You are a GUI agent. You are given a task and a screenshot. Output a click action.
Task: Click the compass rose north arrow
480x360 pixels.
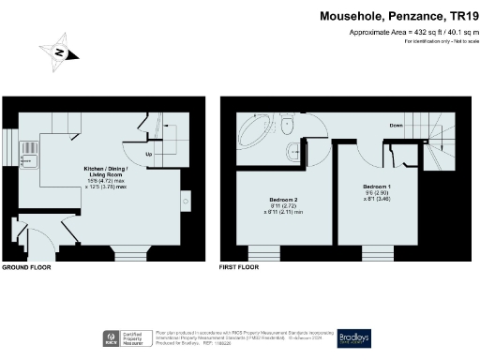pos(58,52)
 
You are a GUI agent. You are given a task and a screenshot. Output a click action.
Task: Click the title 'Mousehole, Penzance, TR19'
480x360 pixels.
pos(399,16)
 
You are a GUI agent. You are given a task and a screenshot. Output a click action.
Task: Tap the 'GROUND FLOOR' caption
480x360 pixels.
pos(27,267)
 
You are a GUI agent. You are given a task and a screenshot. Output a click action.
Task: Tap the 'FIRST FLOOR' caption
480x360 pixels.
pos(239,267)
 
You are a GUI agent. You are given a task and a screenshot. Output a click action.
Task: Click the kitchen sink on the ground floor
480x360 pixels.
pos(29,148)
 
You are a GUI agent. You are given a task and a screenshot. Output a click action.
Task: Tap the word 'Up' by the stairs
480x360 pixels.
pos(147,154)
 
